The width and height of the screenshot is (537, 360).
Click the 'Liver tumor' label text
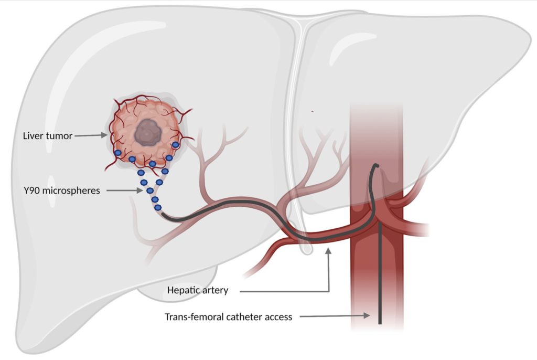pyautogui.click(x=48, y=136)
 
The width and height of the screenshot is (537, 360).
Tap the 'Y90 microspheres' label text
pyautogui.click(x=62, y=190)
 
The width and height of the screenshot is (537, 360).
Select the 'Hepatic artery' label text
pyautogui.click(x=198, y=290)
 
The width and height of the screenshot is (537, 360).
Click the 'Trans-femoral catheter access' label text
pyautogui.click(x=229, y=317)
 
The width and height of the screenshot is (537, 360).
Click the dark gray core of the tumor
pyautogui.click(x=148, y=132)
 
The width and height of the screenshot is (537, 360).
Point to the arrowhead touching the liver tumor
pyautogui.click(x=104, y=135)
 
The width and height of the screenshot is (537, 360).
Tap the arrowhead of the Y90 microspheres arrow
pyautogui.click(x=139, y=190)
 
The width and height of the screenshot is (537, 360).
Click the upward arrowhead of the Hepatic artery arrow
pyautogui.click(x=328, y=251)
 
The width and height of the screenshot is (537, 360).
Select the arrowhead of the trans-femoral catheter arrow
pyautogui.click(x=367, y=315)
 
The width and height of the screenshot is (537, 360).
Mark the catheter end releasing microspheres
pyautogui.click(x=164, y=215)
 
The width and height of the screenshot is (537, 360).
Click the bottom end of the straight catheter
pyautogui.click(x=380, y=323)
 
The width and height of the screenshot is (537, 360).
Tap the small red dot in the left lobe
pyautogui.click(x=312, y=111)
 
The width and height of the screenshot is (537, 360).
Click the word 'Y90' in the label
pyautogui.click(x=31, y=190)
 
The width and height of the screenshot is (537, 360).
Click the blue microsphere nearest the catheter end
pyautogui.click(x=158, y=207)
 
